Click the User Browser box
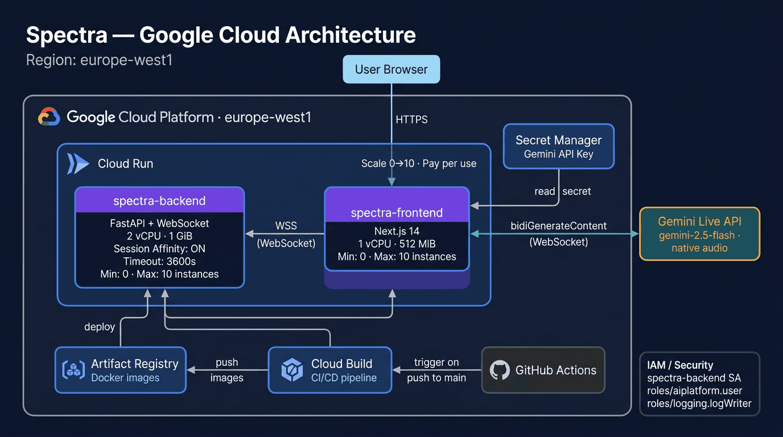click(x=391, y=69)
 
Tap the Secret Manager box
click(x=558, y=146)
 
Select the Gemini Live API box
click(x=699, y=233)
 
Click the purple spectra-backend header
click(x=159, y=200)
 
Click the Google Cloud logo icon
click(x=49, y=117)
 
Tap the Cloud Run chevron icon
click(x=78, y=163)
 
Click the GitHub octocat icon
click(x=500, y=370)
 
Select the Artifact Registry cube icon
click(x=73, y=370)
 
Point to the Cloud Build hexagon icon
click(x=292, y=370)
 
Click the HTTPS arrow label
click(x=411, y=119)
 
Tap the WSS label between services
click(x=286, y=226)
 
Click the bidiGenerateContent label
click(x=559, y=226)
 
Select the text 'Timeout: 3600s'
click(x=159, y=261)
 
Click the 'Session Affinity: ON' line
click(x=159, y=249)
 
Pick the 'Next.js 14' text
click(x=397, y=231)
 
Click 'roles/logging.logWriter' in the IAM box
click(x=699, y=403)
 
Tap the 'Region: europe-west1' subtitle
click(x=99, y=60)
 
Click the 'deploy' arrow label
click(x=100, y=327)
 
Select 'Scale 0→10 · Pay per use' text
click(x=418, y=163)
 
